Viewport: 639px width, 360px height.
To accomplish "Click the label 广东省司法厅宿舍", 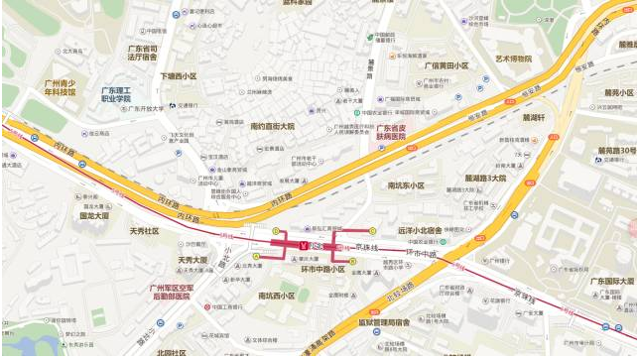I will (143, 53).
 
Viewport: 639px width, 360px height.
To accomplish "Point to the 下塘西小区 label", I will (179, 76).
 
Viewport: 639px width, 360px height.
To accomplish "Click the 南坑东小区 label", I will (406, 185).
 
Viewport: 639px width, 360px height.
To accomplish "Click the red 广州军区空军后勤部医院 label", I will (169, 290).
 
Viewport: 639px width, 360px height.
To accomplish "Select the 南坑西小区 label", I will (276, 296).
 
